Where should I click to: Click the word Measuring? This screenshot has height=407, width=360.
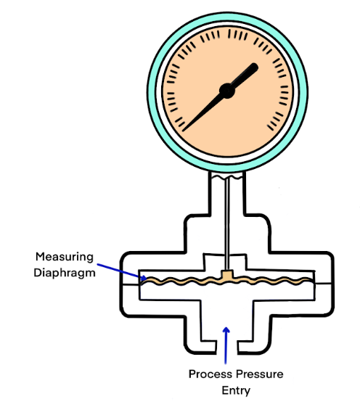click(65, 258)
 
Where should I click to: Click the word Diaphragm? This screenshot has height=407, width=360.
click(65, 273)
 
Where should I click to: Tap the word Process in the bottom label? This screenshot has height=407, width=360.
click(210, 374)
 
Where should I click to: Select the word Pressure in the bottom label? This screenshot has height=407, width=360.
click(260, 374)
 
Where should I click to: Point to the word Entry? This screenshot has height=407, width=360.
click(236, 390)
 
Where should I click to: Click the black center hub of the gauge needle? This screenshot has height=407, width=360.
click(227, 91)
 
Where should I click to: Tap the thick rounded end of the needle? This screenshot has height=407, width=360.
click(253, 67)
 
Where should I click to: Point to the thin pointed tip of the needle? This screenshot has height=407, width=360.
click(184, 131)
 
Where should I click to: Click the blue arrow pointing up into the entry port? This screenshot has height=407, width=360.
click(226, 345)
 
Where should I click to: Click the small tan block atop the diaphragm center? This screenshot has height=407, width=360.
click(226, 274)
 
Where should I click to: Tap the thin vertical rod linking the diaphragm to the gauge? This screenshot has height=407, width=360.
click(227, 223)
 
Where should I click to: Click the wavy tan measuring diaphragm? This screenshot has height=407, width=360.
click(182, 281)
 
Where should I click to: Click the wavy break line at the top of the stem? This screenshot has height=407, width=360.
click(226, 177)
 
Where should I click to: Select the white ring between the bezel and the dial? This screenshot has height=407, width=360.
click(159, 91)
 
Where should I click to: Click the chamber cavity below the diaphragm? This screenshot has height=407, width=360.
click(226, 293)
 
